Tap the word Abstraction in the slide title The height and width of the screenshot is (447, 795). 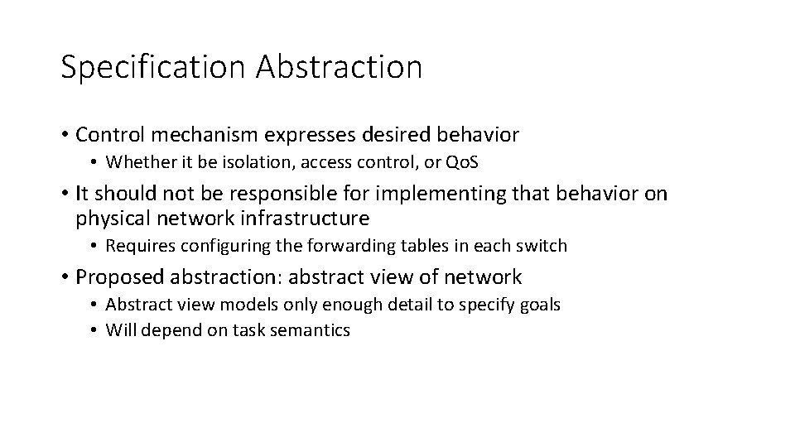coord(339,67)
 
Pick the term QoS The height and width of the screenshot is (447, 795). coord(462,163)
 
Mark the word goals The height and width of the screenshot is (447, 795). coord(540,305)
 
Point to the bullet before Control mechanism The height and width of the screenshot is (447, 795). coord(64,134)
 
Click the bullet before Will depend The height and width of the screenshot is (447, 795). coord(96,330)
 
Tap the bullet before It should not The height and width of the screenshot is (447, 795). coord(64,194)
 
